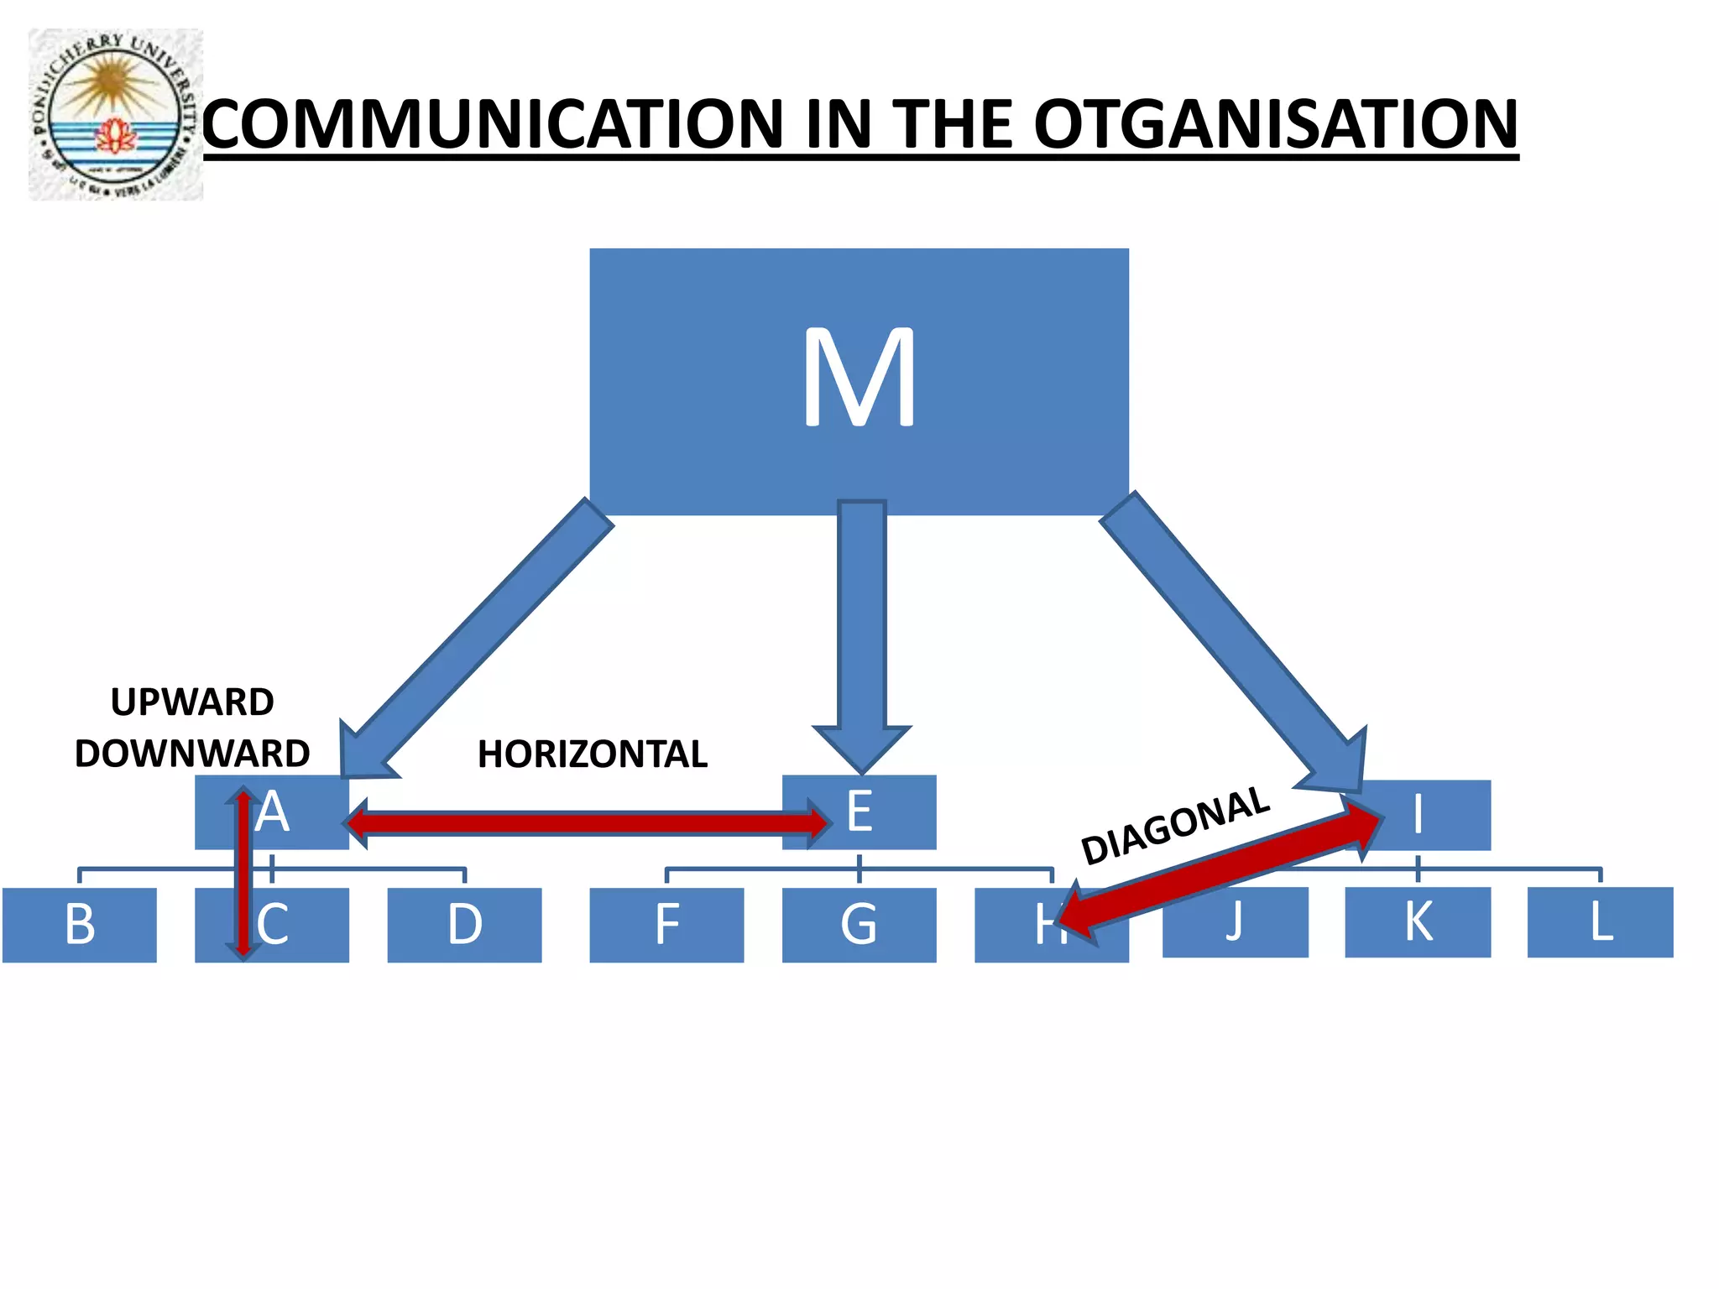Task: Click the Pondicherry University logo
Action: tap(116, 114)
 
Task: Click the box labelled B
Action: tap(79, 925)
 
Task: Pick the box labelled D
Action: tap(464, 925)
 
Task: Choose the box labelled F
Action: tap(666, 925)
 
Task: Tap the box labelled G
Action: tap(859, 925)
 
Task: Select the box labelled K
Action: tap(1418, 922)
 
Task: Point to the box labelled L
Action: tap(1600, 922)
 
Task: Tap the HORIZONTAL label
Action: tap(593, 754)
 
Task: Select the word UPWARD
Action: tap(192, 702)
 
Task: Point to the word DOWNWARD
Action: tap(192, 753)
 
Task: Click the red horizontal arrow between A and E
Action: tap(588, 822)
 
